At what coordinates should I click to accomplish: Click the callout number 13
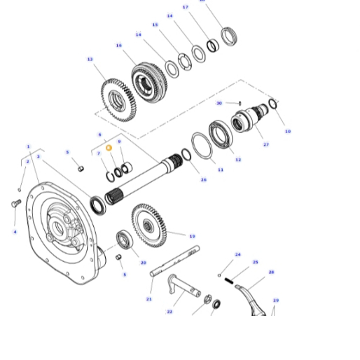[90, 60]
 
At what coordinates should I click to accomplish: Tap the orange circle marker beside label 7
[109, 148]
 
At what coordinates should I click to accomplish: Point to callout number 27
[265, 145]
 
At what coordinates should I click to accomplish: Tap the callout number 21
[148, 299]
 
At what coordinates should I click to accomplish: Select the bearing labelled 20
[125, 240]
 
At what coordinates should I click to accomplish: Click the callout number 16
[119, 46]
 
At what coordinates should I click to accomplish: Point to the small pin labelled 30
[240, 104]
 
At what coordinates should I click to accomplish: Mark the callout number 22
[169, 312]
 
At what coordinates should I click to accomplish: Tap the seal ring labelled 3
[98, 205]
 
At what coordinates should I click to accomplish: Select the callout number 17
[186, 7]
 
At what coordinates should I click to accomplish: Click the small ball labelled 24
[220, 275]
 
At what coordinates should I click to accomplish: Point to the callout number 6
[99, 134]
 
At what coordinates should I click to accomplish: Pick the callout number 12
[238, 160]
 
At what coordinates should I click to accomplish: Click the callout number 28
[271, 272]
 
